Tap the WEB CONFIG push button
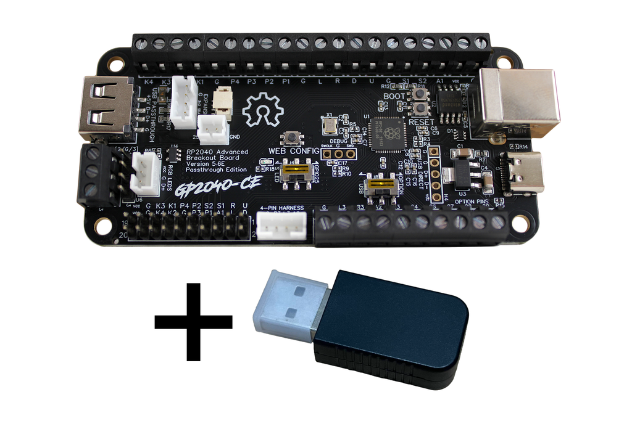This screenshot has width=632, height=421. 289,138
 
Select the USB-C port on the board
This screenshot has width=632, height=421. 523,173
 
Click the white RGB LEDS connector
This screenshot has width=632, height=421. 146,174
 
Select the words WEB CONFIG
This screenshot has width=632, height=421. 294,151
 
